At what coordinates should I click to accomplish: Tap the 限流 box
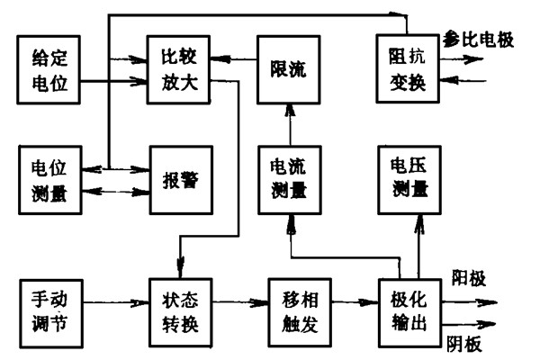(288, 68)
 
